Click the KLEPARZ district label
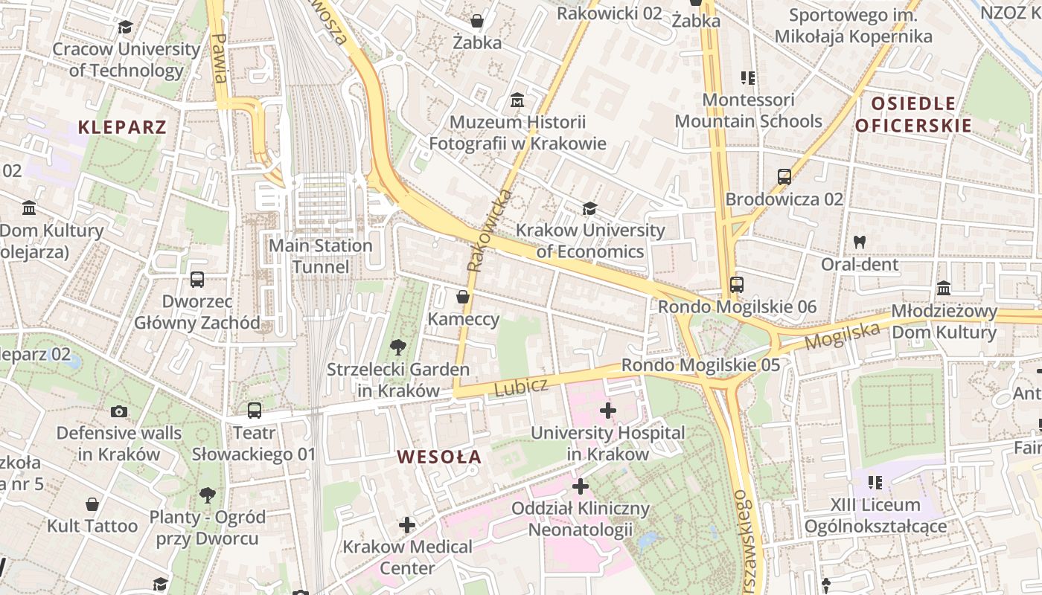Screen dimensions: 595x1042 (x=122, y=126)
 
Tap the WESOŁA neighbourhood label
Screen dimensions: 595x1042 (x=439, y=457)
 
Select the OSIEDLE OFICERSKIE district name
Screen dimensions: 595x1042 (x=913, y=115)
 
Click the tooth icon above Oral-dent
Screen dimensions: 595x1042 (x=860, y=242)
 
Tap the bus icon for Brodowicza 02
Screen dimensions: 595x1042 (x=784, y=177)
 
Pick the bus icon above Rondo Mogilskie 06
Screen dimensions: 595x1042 (x=737, y=284)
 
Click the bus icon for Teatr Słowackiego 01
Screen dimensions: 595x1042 (x=255, y=411)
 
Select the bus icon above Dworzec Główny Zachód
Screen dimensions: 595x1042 (x=197, y=280)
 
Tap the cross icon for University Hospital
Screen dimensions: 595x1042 (x=608, y=410)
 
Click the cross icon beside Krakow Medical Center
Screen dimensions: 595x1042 (x=407, y=525)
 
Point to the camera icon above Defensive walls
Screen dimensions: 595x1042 (x=118, y=411)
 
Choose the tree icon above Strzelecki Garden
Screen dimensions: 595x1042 (x=398, y=347)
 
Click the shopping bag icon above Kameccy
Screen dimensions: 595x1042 (x=463, y=297)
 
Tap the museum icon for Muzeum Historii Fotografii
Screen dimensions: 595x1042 (x=517, y=100)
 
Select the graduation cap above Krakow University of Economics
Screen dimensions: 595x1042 (x=590, y=209)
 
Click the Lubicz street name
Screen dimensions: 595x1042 (x=521, y=386)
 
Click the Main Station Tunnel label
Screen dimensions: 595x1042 (x=320, y=256)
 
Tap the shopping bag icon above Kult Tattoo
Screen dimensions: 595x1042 (x=92, y=504)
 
